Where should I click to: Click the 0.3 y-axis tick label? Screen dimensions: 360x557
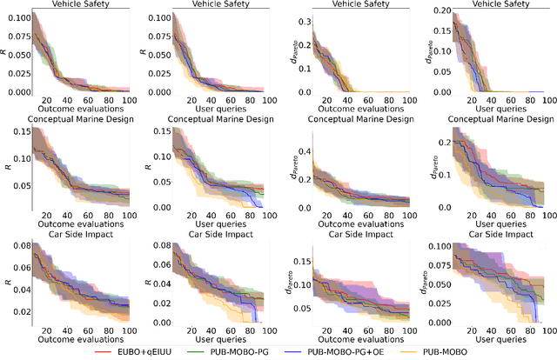[x=301, y=19]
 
